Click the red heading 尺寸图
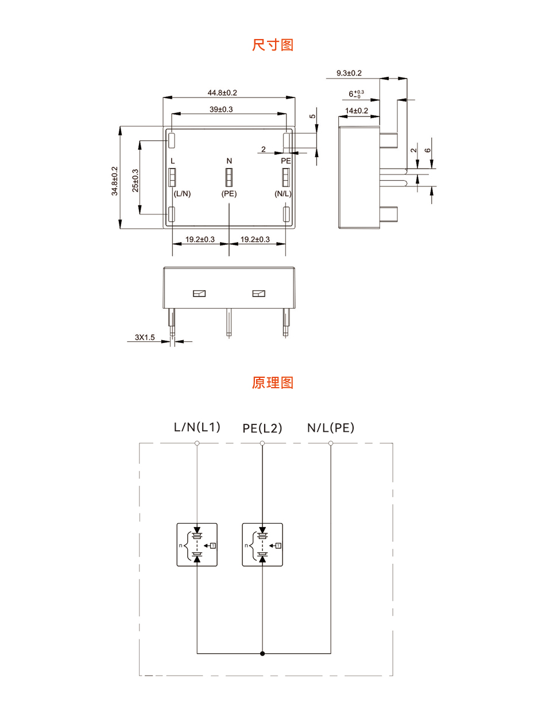coord(273,45)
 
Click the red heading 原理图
coord(273,383)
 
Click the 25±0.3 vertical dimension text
coord(135,181)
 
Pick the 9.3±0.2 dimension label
coord(349,73)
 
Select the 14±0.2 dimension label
coord(357,111)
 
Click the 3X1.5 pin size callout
coord(145,338)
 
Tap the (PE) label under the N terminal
coord(229,194)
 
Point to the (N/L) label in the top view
coord(284,194)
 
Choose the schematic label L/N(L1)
coord(197,427)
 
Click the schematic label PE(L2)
coord(262,428)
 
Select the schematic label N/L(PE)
coord(331,427)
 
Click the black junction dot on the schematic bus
coord(262,653)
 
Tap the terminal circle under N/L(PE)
coord(331,443)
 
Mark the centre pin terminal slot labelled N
coord(229,178)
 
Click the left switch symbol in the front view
coord(199,294)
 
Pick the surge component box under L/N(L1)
coord(197,545)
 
